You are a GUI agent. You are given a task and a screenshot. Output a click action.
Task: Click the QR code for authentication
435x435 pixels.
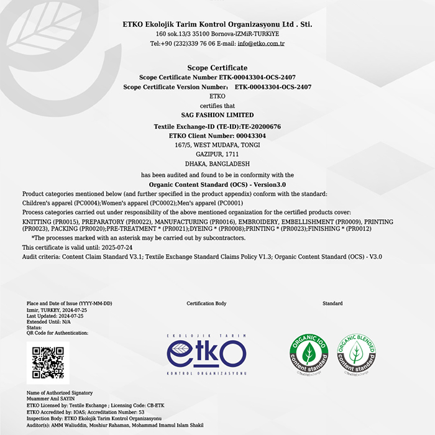tap(48, 362)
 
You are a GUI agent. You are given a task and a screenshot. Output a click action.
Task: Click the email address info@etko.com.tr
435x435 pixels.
tap(261, 44)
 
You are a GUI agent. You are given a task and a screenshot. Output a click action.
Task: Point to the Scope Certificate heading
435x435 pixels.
tap(217, 68)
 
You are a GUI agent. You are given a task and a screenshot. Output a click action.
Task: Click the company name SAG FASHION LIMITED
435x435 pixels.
tap(217, 115)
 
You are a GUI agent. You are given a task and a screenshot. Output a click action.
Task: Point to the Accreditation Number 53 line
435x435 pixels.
tap(86, 412)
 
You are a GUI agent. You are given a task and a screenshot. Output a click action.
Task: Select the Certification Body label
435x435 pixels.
tap(206, 304)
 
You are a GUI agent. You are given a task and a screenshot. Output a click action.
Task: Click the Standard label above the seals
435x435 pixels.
tap(332, 304)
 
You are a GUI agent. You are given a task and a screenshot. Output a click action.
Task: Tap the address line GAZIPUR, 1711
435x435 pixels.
tap(217, 154)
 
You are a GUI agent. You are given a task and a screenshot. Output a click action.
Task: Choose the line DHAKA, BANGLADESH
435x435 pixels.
tap(217, 163)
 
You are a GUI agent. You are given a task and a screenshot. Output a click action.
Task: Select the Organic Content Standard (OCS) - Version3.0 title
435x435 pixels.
tap(217, 185)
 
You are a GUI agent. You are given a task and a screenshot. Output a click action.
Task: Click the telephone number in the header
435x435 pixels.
tap(183, 44)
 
